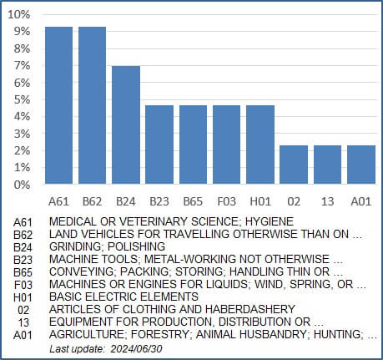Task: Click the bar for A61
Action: coord(59,105)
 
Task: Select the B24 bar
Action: coord(126,125)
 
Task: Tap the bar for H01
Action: coord(260,145)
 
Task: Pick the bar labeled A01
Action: coord(361,165)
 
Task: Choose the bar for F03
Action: coord(227,145)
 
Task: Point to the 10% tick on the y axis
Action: coord(19,14)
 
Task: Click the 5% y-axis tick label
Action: coord(22,99)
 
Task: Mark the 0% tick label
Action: coord(22,185)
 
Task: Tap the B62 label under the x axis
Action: coord(93,201)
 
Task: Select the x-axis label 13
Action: coord(327,201)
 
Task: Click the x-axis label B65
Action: coord(193,201)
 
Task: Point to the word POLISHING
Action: coord(136,246)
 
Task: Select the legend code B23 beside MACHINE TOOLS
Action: coord(23,260)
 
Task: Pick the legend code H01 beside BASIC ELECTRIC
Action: coord(23,297)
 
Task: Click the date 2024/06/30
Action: coord(136,348)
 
